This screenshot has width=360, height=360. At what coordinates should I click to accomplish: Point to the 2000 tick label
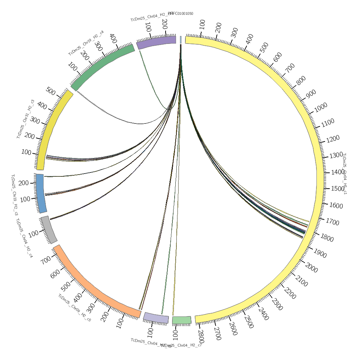[x=311, y=267]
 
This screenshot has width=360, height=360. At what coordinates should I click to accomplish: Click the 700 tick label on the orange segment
[x=46, y=260]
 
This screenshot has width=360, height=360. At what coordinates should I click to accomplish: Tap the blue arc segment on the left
[x=40, y=193]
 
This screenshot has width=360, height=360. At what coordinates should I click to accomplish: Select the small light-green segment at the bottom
[x=181, y=320]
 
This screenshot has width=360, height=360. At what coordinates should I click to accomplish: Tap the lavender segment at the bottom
[x=156, y=318]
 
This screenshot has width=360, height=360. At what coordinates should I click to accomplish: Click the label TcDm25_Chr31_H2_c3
[x=25, y=119]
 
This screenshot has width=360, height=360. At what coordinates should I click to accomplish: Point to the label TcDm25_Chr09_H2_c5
[x=75, y=308]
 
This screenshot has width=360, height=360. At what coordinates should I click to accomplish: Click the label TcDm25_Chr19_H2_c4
[x=86, y=43]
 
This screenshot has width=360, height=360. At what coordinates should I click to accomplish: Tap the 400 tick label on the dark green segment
[x=112, y=38]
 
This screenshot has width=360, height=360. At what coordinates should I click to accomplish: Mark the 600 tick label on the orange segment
[x=55, y=274]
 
